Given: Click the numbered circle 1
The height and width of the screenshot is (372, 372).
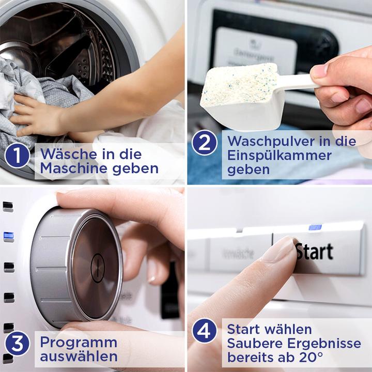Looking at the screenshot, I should pos(17,156).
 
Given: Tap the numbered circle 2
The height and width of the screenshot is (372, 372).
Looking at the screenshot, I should pos(205,143).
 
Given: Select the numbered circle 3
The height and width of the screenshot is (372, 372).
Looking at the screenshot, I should pos(17,344).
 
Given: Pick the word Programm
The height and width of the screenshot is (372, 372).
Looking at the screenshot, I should pos(79,342).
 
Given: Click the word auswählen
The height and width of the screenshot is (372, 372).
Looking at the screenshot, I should pos(79,357).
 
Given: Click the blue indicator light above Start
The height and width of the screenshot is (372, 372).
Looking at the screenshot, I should pos(315,227).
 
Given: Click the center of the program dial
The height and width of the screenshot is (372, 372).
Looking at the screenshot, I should pos(98,268).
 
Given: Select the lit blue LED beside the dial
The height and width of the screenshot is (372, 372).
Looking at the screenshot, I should pos(8,237).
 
